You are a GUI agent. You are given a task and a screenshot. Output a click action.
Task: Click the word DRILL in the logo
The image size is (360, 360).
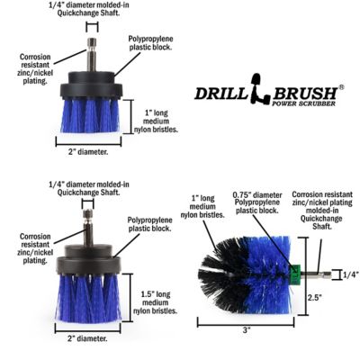tap(220, 93)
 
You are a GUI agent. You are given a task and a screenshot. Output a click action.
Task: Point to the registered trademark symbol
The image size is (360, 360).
tap(340, 86)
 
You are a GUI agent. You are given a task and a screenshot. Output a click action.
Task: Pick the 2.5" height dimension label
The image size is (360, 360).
tap(313, 297)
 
